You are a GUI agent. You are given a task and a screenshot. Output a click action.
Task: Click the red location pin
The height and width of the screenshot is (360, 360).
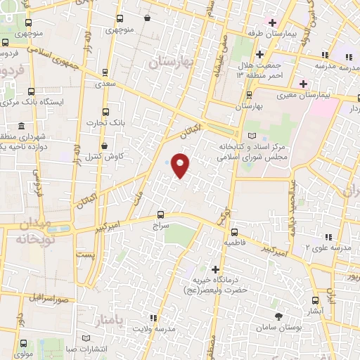coord(181,165)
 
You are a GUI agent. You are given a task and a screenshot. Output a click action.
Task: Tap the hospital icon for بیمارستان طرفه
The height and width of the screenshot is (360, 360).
coord(271,22)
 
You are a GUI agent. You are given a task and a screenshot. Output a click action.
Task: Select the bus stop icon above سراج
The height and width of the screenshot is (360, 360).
coord(161,214)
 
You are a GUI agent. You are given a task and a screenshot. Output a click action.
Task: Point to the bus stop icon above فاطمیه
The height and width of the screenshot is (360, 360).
coord(234,231)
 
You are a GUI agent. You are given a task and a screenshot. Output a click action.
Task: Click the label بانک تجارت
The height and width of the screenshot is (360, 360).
coord(105,122)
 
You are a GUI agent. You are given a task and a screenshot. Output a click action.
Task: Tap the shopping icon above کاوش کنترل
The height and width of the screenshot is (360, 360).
coord(105,146)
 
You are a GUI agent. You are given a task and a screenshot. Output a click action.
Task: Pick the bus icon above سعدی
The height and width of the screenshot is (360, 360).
coord(105,72)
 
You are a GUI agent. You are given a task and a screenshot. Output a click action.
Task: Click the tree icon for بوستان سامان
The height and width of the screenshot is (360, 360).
coord(278,316)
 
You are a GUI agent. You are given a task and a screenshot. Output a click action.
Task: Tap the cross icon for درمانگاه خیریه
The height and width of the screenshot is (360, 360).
coord(216,269)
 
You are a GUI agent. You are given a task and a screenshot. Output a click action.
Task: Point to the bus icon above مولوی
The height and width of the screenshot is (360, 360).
coord(23,344)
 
